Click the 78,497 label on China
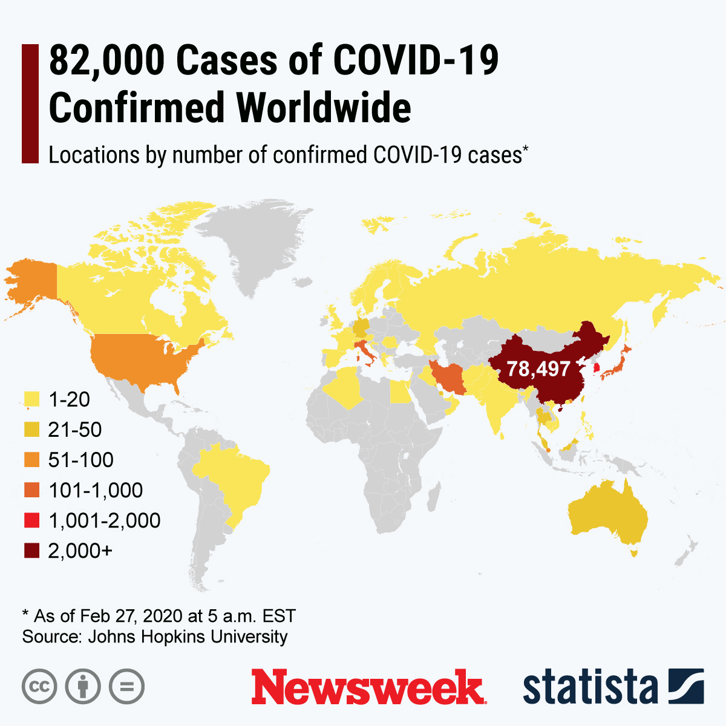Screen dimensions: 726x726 pyautogui.click(x=538, y=368)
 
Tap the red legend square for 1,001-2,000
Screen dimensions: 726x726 pyautogui.click(x=32, y=520)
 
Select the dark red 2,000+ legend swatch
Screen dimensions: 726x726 pyautogui.click(x=32, y=551)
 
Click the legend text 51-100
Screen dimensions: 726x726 pyautogui.click(x=81, y=460)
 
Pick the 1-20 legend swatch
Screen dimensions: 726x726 pyautogui.click(x=32, y=399)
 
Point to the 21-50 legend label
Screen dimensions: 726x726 pyautogui.click(x=75, y=430)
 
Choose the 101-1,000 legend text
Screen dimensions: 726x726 pyautogui.click(x=96, y=490)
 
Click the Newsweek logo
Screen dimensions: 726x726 pyautogui.click(x=367, y=687)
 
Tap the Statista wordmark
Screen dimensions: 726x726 pyautogui.click(x=590, y=687)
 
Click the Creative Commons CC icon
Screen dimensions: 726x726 pyautogui.click(x=39, y=687)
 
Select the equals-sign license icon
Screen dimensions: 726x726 pyautogui.click(x=126, y=687)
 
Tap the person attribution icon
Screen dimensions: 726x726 pyautogui.click(x=83, y=687)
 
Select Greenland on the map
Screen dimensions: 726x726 pyautogui.click(x=266, y=248)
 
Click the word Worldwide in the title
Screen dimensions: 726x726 pyautogui.click(x=324, y=108)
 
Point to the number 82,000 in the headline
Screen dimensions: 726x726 pyautogui.click(x=106, y=60)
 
